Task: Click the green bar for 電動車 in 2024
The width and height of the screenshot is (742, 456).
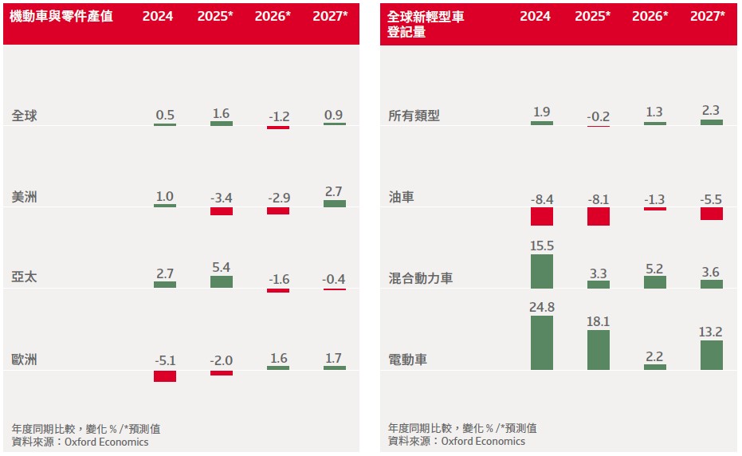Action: pos(542,343)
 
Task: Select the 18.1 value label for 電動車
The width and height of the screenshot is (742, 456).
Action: pos(599,321)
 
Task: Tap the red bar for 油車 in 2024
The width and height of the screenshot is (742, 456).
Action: pos(542,216)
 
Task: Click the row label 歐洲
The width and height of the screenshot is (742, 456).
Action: pos(25,360)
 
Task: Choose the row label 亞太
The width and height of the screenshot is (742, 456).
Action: pos(25,277)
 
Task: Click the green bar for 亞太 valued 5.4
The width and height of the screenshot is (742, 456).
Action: pos(222,281)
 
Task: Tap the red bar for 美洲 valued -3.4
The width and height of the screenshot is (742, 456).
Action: pos(222,211)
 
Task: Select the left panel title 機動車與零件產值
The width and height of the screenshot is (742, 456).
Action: pos(62,16)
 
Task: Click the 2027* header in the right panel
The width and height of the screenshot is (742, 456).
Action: pos(708,16)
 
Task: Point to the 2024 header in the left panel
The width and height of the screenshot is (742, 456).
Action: pos(158,16)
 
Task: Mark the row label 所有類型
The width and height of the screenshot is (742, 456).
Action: pos(414,116)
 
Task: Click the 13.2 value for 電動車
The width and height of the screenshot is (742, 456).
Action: pos(712,332)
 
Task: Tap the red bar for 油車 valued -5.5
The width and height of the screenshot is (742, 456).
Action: pos(712,214)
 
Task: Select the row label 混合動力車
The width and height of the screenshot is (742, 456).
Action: pos(420,278)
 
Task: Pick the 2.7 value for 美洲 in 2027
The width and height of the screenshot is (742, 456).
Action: pos(335,191)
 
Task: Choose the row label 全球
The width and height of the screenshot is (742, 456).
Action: pos(25,116)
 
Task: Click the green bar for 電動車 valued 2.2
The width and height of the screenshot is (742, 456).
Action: pos(655,367)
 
